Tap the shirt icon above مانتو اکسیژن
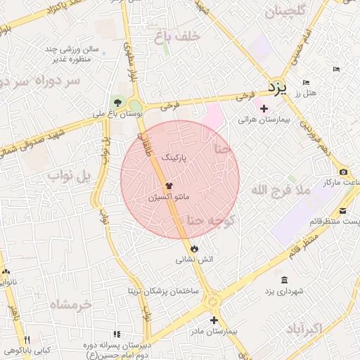[x=169, y=186]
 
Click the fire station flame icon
[x=194, y=248]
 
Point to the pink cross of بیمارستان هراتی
[x=264, y=108]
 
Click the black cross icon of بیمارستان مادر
[x=214, y=320]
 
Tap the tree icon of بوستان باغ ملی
[x=117, y=103]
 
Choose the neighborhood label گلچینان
[x=284, y=12]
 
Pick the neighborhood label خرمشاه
[x=72, y=304]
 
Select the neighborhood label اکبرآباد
[x=304, y=328]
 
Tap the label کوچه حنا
[x=221, y=222]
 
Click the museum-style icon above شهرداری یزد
[x=283, y=281]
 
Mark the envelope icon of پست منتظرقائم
[x=342, y=211]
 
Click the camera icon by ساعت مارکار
[x=343, y=172]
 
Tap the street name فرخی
[x=167, y=107]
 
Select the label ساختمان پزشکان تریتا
[x=163, y=290]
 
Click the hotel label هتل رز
[x=308, y=93]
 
